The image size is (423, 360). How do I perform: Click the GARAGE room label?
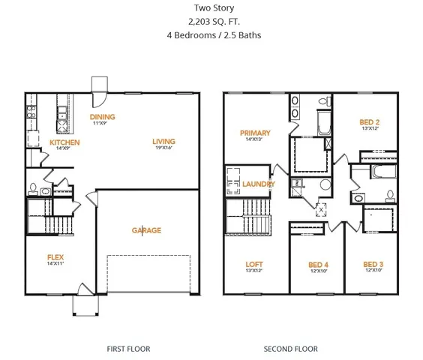[146, 230]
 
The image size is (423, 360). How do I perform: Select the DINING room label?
[102, 117]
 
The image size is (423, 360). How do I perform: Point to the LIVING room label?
[163, 141]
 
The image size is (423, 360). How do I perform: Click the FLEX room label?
[56, 256]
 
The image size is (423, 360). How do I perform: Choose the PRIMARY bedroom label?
[255, 133]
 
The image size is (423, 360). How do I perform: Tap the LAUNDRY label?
[259, 184]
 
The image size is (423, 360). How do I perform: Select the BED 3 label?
[373, 264]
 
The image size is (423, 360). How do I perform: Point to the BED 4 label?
[319, 264]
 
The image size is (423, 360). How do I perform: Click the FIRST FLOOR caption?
[129, 349]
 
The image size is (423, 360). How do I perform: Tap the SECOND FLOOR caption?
[290, 349]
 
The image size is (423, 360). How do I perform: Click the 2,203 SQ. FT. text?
[211, 22]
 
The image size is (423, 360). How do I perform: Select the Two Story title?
[211, 8]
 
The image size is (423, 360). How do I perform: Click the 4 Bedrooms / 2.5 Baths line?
[211, 35]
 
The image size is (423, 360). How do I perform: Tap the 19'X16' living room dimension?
[163, 148]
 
